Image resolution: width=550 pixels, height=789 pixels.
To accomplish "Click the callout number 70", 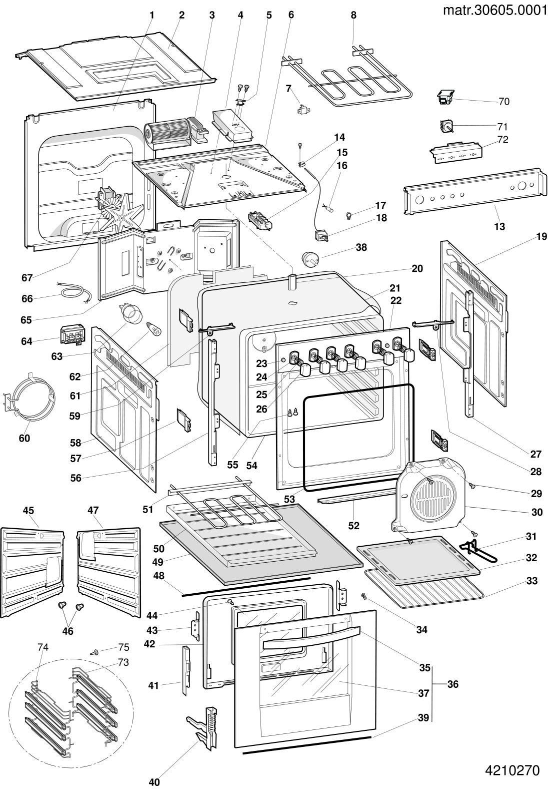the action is pyautogui.click(x=504, y=102).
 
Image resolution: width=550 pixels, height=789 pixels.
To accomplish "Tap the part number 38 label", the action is pyautogui.click(x=361, y=247).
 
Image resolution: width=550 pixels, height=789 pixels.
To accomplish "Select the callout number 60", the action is pyautogui.click(x=24, y=438).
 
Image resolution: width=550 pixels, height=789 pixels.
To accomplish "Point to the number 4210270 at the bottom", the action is pyautogui.click(x=512, y=770).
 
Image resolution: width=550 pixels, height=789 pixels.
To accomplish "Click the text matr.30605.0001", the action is pyautogui.click(x=495, y=10).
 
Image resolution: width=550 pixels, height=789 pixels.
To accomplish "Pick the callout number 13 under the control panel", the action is pyautogui.click(x=499, y=226).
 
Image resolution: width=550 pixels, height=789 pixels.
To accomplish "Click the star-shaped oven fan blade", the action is pyautogui.click(x=122, y=215).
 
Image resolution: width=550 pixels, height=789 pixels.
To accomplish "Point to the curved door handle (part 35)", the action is pyautogui.click(x=311, y=637).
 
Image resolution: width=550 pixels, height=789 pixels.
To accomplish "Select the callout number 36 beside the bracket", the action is pyautogui.click(x=453, y=684).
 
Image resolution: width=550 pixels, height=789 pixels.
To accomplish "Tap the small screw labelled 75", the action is pyautogui.click(x=95, y=652).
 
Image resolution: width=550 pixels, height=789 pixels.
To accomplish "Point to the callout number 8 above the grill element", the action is pyautogui.click(x=353, y=15).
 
